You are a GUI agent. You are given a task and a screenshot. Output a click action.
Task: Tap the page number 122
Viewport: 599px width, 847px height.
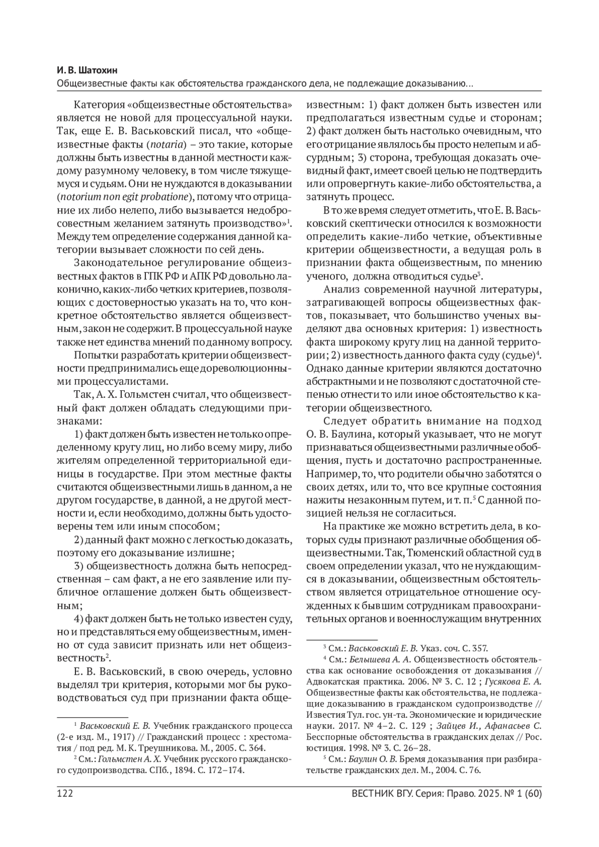pos(66,794)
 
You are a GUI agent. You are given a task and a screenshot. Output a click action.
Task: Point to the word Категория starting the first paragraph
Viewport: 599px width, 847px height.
pos(98,106)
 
